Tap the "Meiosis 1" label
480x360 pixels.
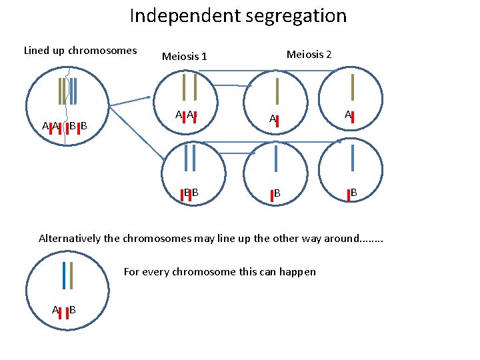(185, 57)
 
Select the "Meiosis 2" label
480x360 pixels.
(309, 54)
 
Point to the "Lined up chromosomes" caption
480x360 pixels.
(80, 50)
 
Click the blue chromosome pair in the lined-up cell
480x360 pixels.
(73, 91)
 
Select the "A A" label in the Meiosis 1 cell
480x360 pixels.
(185, 115)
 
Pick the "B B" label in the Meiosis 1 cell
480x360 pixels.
(191, 193)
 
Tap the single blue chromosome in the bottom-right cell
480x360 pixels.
(351, 160)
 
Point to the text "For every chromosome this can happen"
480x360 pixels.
(220, 271)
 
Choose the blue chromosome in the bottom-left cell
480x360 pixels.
(64, 275)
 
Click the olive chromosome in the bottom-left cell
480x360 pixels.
(71, 275)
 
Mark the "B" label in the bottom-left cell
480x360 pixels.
(72, 309)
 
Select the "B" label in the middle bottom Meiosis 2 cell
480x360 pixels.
(276, 193)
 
